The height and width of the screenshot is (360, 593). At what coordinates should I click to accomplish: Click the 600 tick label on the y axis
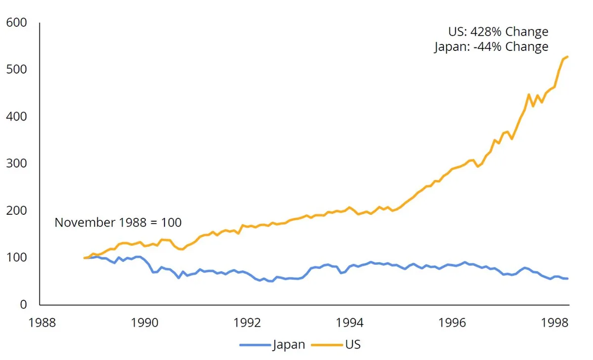17,23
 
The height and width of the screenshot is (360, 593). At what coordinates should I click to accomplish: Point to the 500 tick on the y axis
17,70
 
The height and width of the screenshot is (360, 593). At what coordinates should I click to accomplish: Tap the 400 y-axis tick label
17,117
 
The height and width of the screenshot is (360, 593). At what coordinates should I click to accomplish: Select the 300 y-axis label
17,163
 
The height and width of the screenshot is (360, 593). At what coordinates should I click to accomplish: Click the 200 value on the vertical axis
17,210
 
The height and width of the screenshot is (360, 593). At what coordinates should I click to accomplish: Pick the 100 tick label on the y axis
17,257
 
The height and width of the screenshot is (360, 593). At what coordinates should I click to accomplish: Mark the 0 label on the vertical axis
23,305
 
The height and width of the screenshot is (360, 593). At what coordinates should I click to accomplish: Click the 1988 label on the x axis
42,323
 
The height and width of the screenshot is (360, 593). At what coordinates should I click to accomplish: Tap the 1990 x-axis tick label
144,323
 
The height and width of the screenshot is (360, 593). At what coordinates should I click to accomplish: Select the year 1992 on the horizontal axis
247,323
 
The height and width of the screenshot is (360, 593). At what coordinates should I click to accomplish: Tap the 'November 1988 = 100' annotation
118,223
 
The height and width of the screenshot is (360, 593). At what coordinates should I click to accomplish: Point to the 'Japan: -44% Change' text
491,47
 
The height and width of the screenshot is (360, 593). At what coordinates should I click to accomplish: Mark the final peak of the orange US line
567,57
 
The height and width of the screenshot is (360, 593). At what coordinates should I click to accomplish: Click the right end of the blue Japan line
567,279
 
